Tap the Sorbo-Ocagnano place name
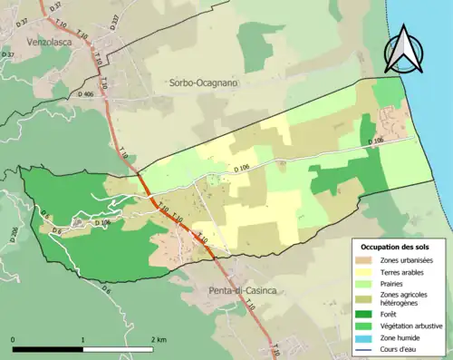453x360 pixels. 203,83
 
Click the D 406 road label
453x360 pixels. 86,94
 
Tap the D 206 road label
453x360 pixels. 14,234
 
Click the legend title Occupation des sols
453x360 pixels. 394,247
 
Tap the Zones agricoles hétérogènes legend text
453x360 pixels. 407,298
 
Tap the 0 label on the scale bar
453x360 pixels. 14,340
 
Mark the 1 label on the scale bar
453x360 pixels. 83,340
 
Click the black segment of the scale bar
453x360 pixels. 48,349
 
